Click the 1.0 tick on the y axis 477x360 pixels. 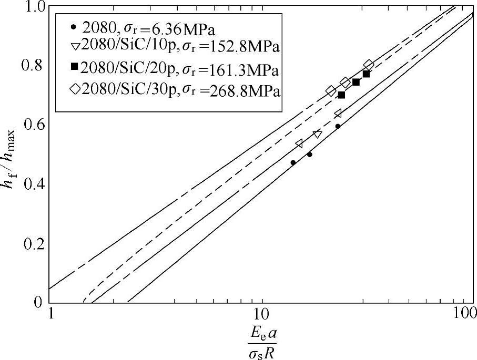[36, 7]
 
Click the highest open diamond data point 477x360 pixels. [369, 65]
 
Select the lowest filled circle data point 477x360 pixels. [293, 162]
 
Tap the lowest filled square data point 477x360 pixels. [341, 95]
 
